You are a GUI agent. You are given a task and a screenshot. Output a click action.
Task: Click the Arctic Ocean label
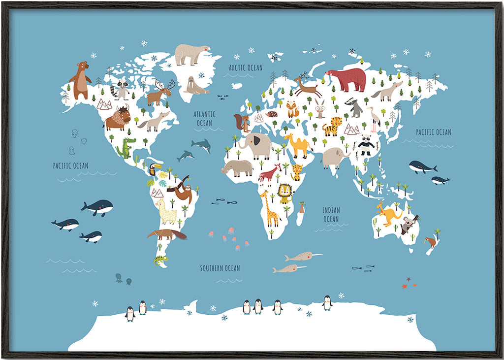246,67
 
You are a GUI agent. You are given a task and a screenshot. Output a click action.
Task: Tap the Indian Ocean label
331,214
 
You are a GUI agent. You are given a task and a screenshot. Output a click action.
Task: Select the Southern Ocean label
220,268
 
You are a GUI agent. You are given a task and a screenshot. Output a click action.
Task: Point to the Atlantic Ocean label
204,119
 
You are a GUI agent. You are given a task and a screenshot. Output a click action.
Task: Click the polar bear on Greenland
191,54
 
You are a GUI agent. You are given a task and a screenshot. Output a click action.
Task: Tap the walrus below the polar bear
195,86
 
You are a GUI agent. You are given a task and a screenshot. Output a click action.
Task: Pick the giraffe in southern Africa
270,209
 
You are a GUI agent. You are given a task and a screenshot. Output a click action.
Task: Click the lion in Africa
285,194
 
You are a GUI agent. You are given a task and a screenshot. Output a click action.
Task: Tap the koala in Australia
408,225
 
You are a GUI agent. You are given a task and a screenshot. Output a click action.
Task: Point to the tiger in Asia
333,127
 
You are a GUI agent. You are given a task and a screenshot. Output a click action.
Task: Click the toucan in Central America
154,169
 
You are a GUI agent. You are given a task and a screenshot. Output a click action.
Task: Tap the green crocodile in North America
126,147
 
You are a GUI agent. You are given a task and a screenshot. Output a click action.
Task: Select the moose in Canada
160,93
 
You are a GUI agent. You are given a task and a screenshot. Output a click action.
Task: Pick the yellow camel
297,145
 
